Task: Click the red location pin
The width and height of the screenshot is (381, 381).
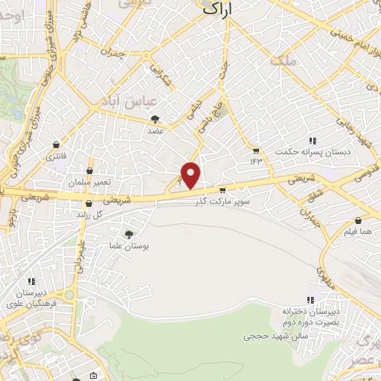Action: tap(192, 175)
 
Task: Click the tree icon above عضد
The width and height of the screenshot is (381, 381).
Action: tap(155, 119)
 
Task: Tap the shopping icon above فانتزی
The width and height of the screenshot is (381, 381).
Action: tap(57, 144)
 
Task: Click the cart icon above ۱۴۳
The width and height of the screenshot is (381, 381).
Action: tap(257, 149)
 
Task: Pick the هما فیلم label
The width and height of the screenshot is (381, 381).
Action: tap(359, 231)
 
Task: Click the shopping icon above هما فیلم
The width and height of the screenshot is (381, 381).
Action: tap(359, 221)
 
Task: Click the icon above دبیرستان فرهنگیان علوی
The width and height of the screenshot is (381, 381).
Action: tap(31, 281)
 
